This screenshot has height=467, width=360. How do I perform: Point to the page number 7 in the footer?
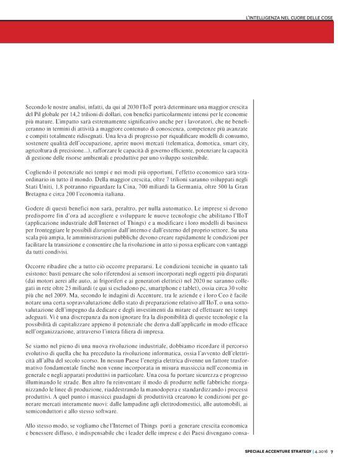[x=331, y=451]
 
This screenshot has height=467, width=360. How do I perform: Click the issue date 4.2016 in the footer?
[x=320, y=451]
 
